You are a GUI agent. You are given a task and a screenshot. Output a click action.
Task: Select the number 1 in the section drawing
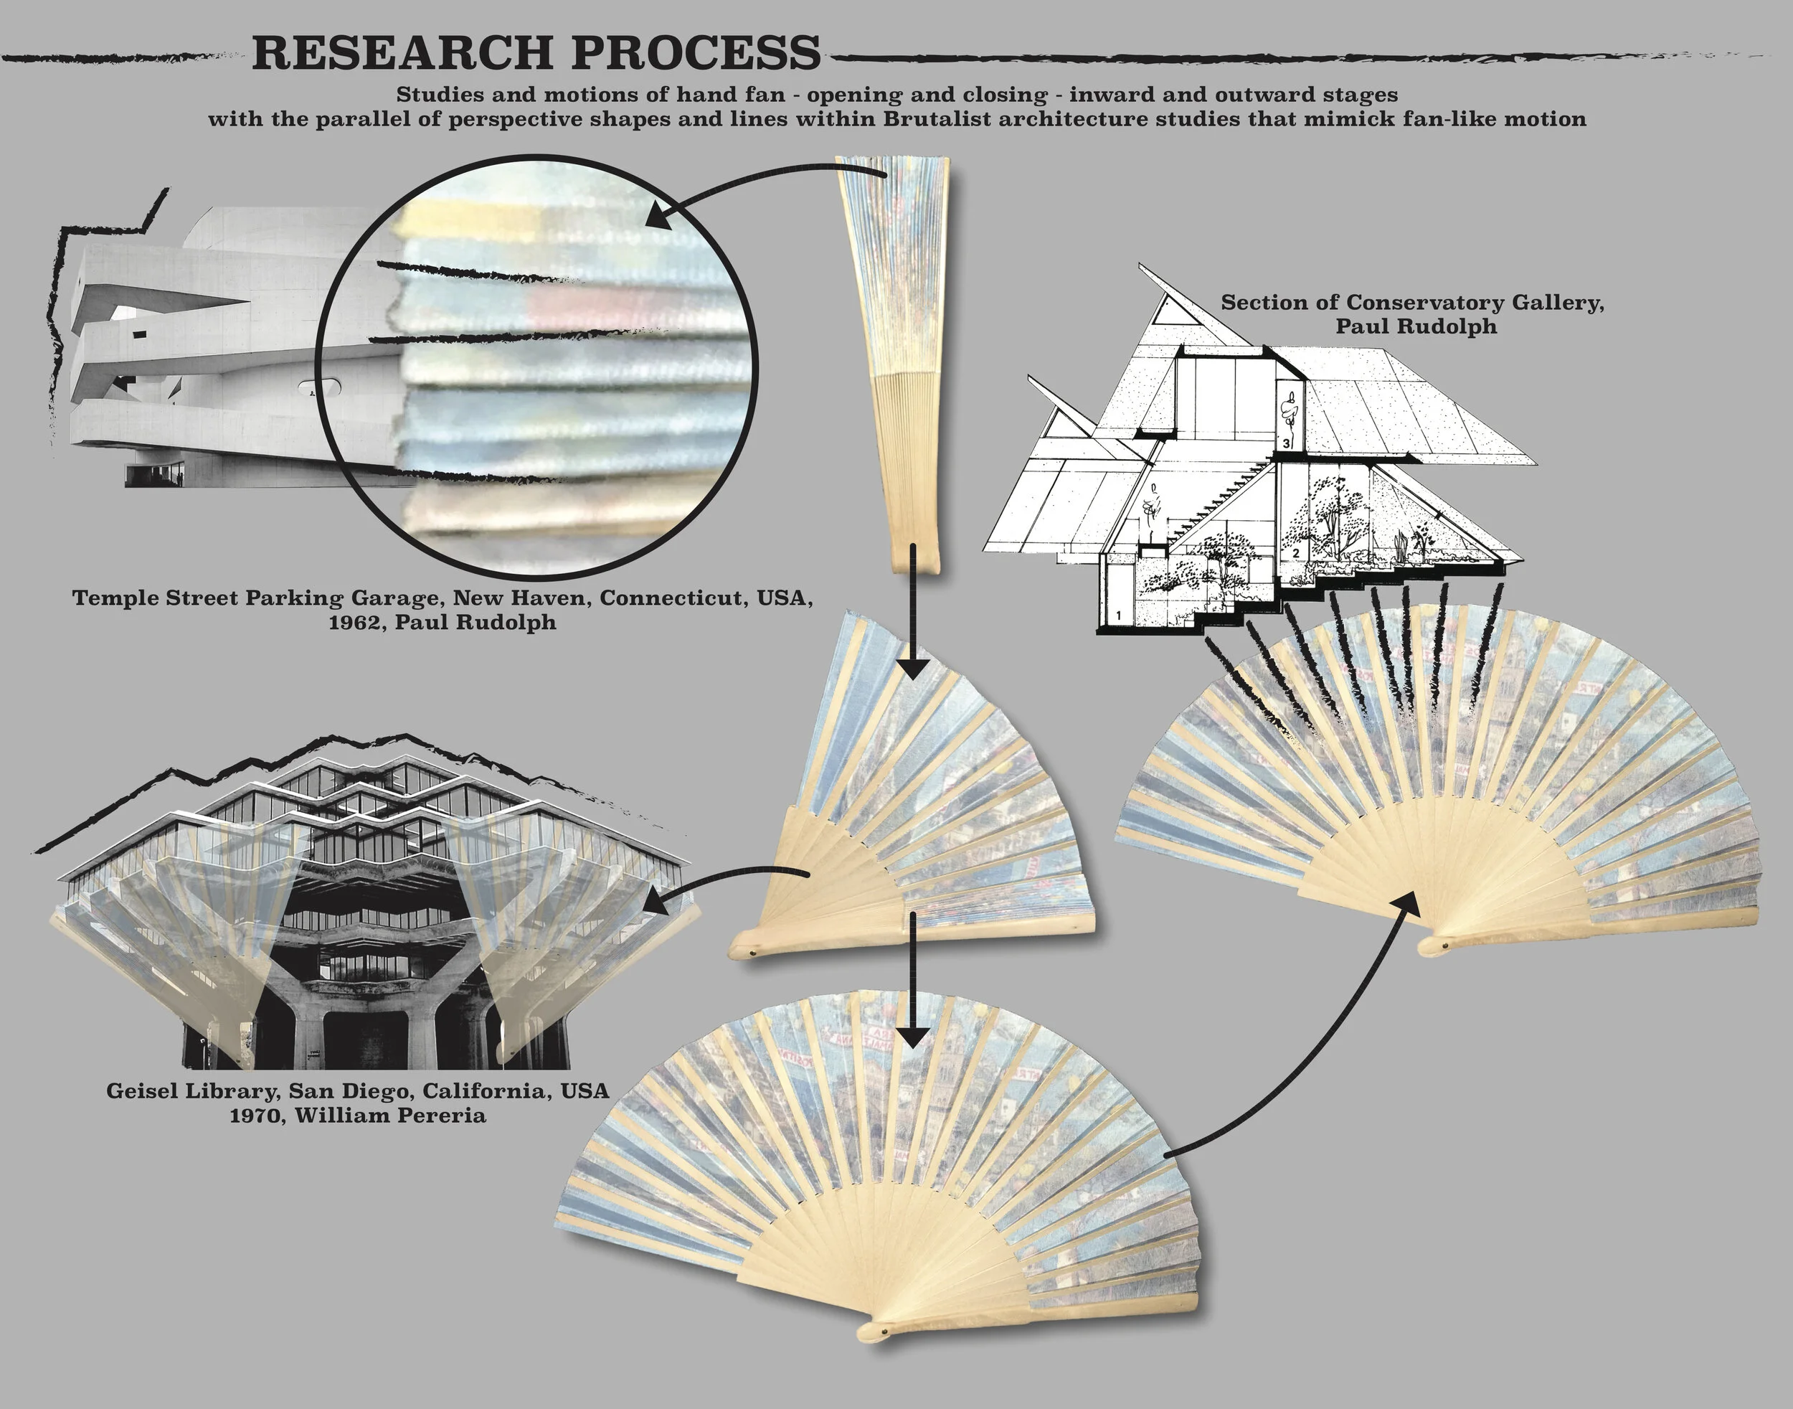click(1119, 615)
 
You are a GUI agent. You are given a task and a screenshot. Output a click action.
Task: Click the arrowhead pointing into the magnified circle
click(659, 216)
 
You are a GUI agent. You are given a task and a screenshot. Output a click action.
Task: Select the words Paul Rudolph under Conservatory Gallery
click(1415, 326)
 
